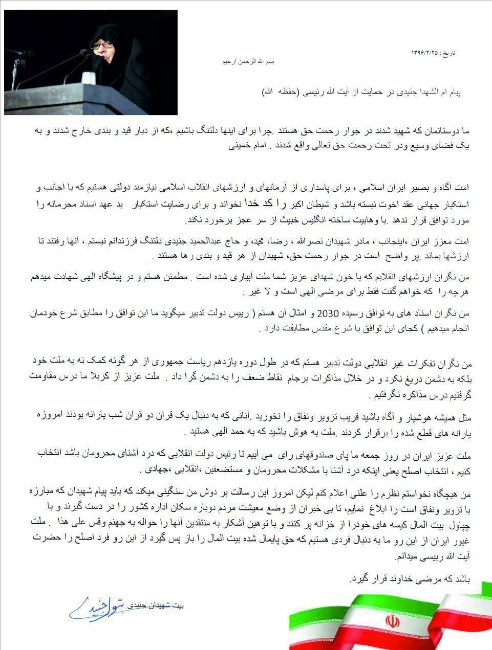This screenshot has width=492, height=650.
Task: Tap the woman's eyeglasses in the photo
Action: point(101,45)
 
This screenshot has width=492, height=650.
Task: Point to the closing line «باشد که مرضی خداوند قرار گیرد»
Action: point(409,579)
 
